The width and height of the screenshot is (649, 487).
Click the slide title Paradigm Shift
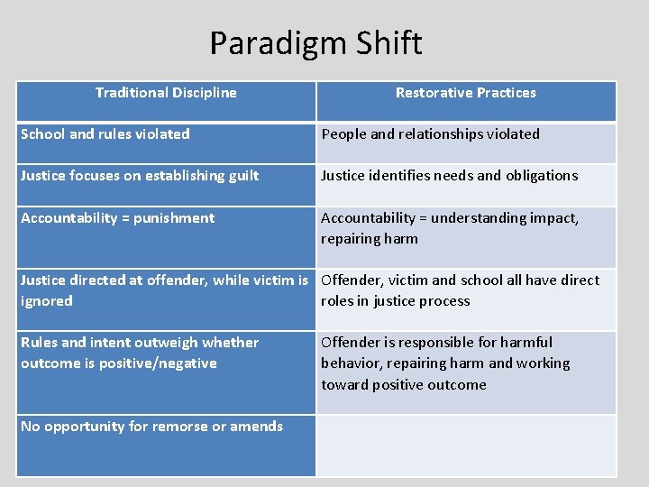(x=315, y=43)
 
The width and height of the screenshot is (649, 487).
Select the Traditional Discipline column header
(x=166, y=92)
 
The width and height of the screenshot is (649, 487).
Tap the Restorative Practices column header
(x=465, y=92)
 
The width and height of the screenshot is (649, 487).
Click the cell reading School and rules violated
(x=105, y=133)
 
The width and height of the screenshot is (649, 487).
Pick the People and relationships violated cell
(x=430, y=133)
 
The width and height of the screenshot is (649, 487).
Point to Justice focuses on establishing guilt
(x=140, y=175)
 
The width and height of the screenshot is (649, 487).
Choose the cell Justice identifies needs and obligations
(x=449, y=175)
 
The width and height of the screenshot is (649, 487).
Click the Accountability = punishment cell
(x=117, y=217)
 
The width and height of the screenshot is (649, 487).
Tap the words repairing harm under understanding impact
(x=369, y=238)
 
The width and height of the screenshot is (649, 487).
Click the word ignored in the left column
(x=47, y=300)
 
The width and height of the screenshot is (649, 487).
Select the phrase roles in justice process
(x=395, y=300)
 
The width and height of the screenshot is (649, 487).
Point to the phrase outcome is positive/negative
(x=118, y=363)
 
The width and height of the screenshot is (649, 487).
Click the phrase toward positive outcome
(x=403, y=384)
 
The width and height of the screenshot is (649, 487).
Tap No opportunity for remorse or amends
(x=151, y=426)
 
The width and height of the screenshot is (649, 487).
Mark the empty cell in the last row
(x=465, y=446)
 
